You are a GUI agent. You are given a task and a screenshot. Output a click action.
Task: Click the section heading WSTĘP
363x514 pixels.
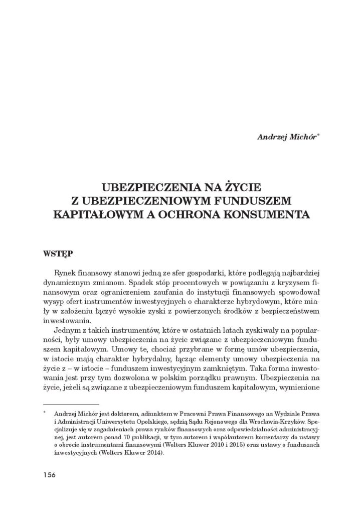(x=57, y=254)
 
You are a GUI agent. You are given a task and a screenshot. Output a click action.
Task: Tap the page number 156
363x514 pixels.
(x=49, y=475)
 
